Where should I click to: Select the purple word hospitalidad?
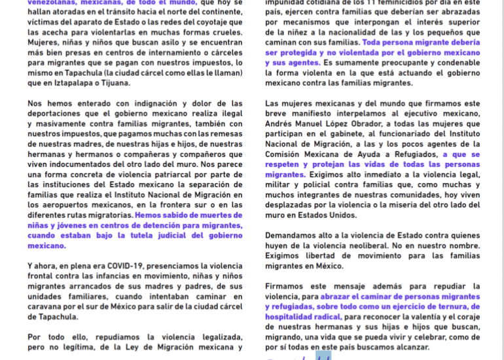pos(293,316)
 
